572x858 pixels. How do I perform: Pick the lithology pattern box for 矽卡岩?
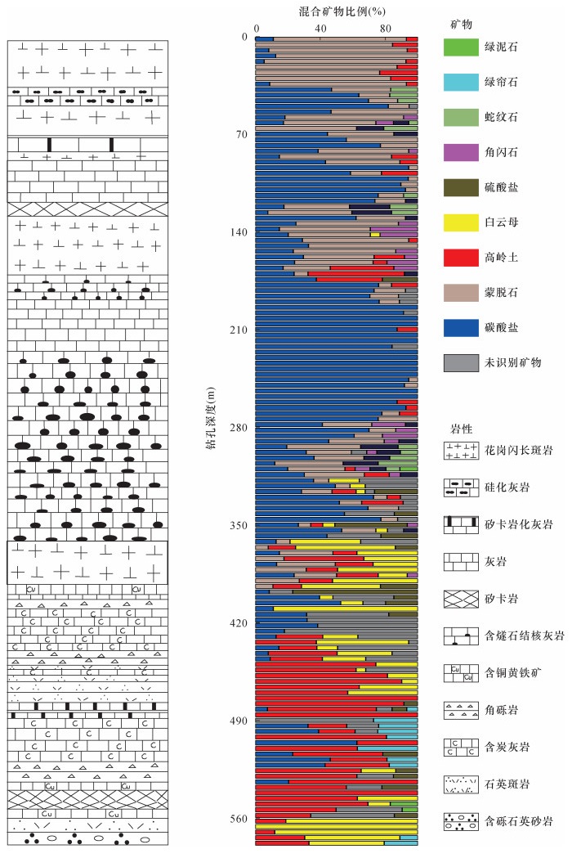tap(459, 598)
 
